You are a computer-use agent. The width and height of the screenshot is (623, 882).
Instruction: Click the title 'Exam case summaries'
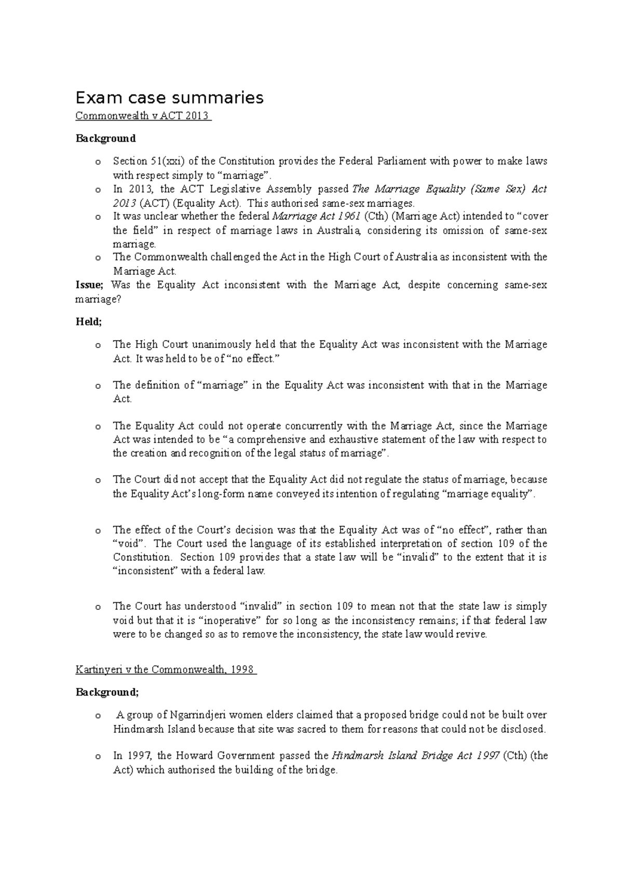click(x=169, y=97)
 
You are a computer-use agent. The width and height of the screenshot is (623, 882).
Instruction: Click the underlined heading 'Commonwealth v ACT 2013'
click(x=143, y=116)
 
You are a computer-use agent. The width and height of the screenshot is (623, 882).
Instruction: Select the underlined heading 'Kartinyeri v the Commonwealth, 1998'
click(x=166, y=669)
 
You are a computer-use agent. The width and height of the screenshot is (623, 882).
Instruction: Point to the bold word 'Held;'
click(x=89, y=322)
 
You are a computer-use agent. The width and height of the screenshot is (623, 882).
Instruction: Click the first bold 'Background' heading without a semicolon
click(x=105, y=138)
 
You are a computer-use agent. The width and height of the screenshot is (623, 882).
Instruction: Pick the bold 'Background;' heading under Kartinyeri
click(x=107, y=692)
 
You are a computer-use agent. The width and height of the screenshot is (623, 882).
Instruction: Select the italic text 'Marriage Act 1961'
click(x=316, y=216)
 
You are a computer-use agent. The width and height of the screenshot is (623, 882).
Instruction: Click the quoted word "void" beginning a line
click(x=130, y=543)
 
